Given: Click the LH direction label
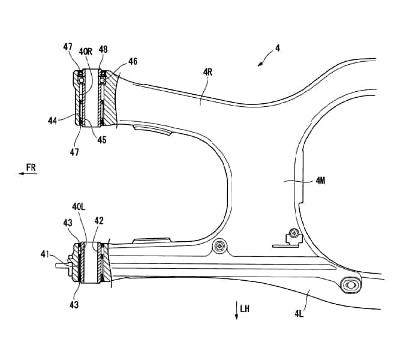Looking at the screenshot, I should pos(244,309).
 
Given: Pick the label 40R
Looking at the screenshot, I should pos(85,52).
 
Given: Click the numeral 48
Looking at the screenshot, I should pos(103,50).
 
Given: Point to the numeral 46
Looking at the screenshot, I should pos(133,61).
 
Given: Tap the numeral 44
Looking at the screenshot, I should pos(53,121).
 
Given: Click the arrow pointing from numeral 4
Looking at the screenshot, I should pos(263,60).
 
